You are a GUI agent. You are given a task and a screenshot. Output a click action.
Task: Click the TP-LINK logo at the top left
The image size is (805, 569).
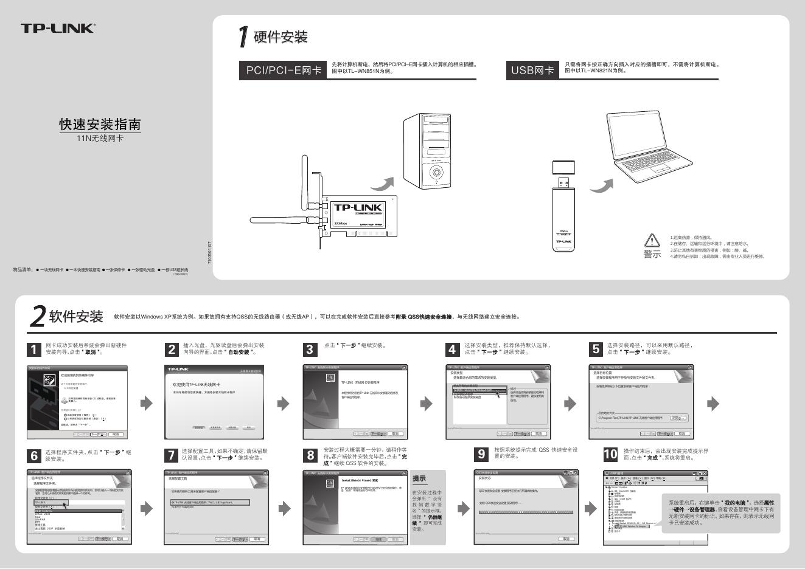58,28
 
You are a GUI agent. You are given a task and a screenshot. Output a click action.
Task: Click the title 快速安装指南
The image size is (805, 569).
100,125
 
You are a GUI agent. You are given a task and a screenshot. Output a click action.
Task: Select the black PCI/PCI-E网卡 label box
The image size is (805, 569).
284,71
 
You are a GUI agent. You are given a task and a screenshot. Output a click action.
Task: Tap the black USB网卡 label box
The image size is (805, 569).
532,71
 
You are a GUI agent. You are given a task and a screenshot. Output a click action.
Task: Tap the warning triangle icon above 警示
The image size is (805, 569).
652,240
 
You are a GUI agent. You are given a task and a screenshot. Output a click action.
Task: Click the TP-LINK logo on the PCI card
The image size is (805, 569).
358,208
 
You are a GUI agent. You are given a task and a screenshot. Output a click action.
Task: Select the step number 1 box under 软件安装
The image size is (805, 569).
35,349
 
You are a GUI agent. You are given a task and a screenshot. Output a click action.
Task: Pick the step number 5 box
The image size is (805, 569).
596,349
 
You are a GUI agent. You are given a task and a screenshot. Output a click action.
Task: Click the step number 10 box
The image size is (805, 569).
610,454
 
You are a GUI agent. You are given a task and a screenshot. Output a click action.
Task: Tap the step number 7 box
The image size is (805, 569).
172,455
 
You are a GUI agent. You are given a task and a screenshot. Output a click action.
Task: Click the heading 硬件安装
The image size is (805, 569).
281,37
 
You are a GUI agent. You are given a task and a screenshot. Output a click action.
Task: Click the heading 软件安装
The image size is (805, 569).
76,316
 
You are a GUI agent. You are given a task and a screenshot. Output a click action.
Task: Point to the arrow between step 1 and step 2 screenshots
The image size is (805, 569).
147,403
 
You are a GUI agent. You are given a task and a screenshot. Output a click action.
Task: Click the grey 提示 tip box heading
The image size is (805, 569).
419,478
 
